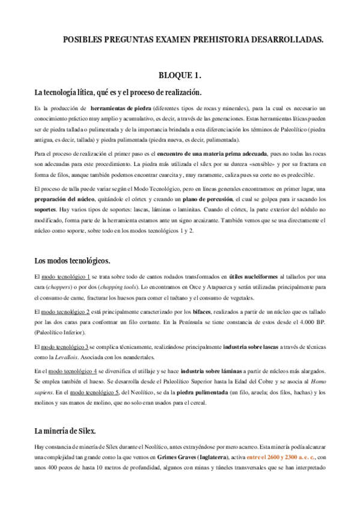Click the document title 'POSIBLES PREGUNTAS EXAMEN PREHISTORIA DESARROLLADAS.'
(x=193, y=40)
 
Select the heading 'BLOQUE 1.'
(x=179, y=75)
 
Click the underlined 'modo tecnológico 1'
(x=66, y=277)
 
